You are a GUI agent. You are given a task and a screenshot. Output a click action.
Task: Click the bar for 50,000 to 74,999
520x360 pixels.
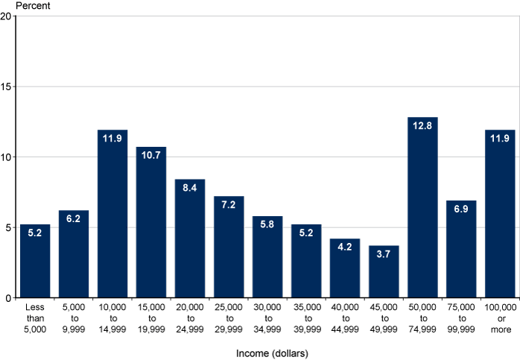click(422, 208)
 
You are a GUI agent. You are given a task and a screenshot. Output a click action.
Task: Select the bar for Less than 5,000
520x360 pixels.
click(35, 261)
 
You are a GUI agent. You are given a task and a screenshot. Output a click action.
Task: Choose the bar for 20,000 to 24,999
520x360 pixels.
click(190, 239)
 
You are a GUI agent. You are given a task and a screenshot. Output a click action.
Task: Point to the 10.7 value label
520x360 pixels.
click(151, 158)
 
